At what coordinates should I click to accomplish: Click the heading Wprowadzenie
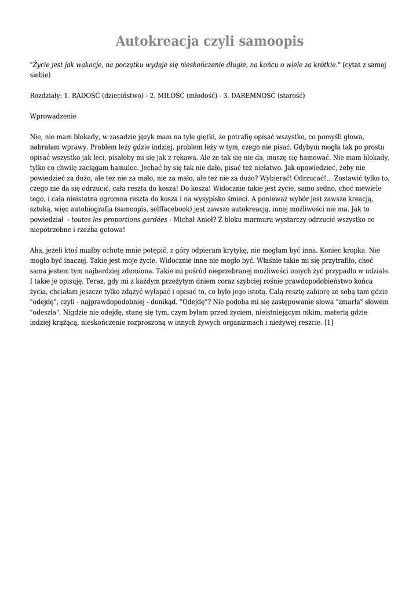click(53, 116)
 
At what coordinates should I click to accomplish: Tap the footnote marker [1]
click(328, 323)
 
